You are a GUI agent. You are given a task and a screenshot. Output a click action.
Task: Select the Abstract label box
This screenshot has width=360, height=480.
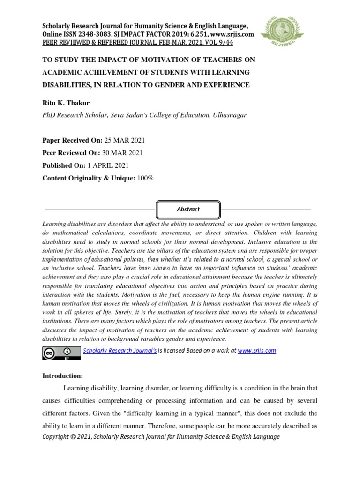coord(188,209)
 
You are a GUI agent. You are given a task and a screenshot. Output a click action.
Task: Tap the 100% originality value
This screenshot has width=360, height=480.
coord(144,178)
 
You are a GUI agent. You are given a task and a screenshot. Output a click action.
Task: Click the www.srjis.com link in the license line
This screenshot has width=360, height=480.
coord(257,350)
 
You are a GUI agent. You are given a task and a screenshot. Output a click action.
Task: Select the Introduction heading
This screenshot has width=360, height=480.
coord(62,375)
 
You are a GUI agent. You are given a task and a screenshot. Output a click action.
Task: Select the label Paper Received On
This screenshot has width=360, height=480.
coord(71,141)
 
